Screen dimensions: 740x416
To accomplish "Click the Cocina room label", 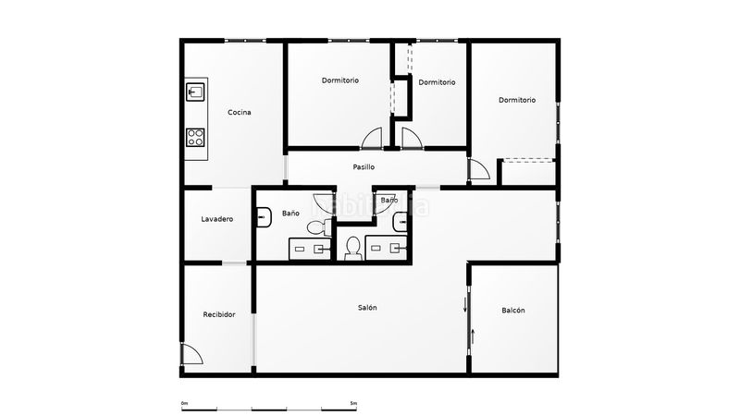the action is click(240, 112).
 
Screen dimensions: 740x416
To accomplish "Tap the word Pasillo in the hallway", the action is click(364, 167).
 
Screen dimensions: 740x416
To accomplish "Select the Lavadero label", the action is click(217, 219).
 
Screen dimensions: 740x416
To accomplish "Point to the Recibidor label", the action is click(219, 314).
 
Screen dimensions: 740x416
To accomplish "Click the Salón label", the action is click(367, 308).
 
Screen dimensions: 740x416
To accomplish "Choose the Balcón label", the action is click(513, 311).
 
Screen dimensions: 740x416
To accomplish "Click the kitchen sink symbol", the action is click(195, 92).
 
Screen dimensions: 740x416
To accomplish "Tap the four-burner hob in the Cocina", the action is click(195, 137).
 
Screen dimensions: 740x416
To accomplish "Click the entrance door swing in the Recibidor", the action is click(192, 354).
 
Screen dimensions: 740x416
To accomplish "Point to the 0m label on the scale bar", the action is click(184, 403).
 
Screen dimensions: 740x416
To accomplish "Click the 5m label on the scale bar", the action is click(353, 403).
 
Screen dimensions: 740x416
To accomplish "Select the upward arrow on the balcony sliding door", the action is click(473, 336).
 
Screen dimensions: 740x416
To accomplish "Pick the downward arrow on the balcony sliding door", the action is click(465, 305).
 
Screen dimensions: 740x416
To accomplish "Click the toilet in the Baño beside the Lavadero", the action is click(320, 227).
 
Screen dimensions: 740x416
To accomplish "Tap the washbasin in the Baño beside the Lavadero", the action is click(264, 217).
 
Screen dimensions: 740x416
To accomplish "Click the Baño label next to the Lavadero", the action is click(290, 214).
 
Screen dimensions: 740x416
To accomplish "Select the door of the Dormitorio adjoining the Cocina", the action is click(372, 138).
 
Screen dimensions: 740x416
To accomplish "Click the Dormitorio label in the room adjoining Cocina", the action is click(340, 80).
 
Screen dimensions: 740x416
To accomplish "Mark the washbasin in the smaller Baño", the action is click(401, 222).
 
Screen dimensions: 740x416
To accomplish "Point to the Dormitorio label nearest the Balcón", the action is click(517, 100).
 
